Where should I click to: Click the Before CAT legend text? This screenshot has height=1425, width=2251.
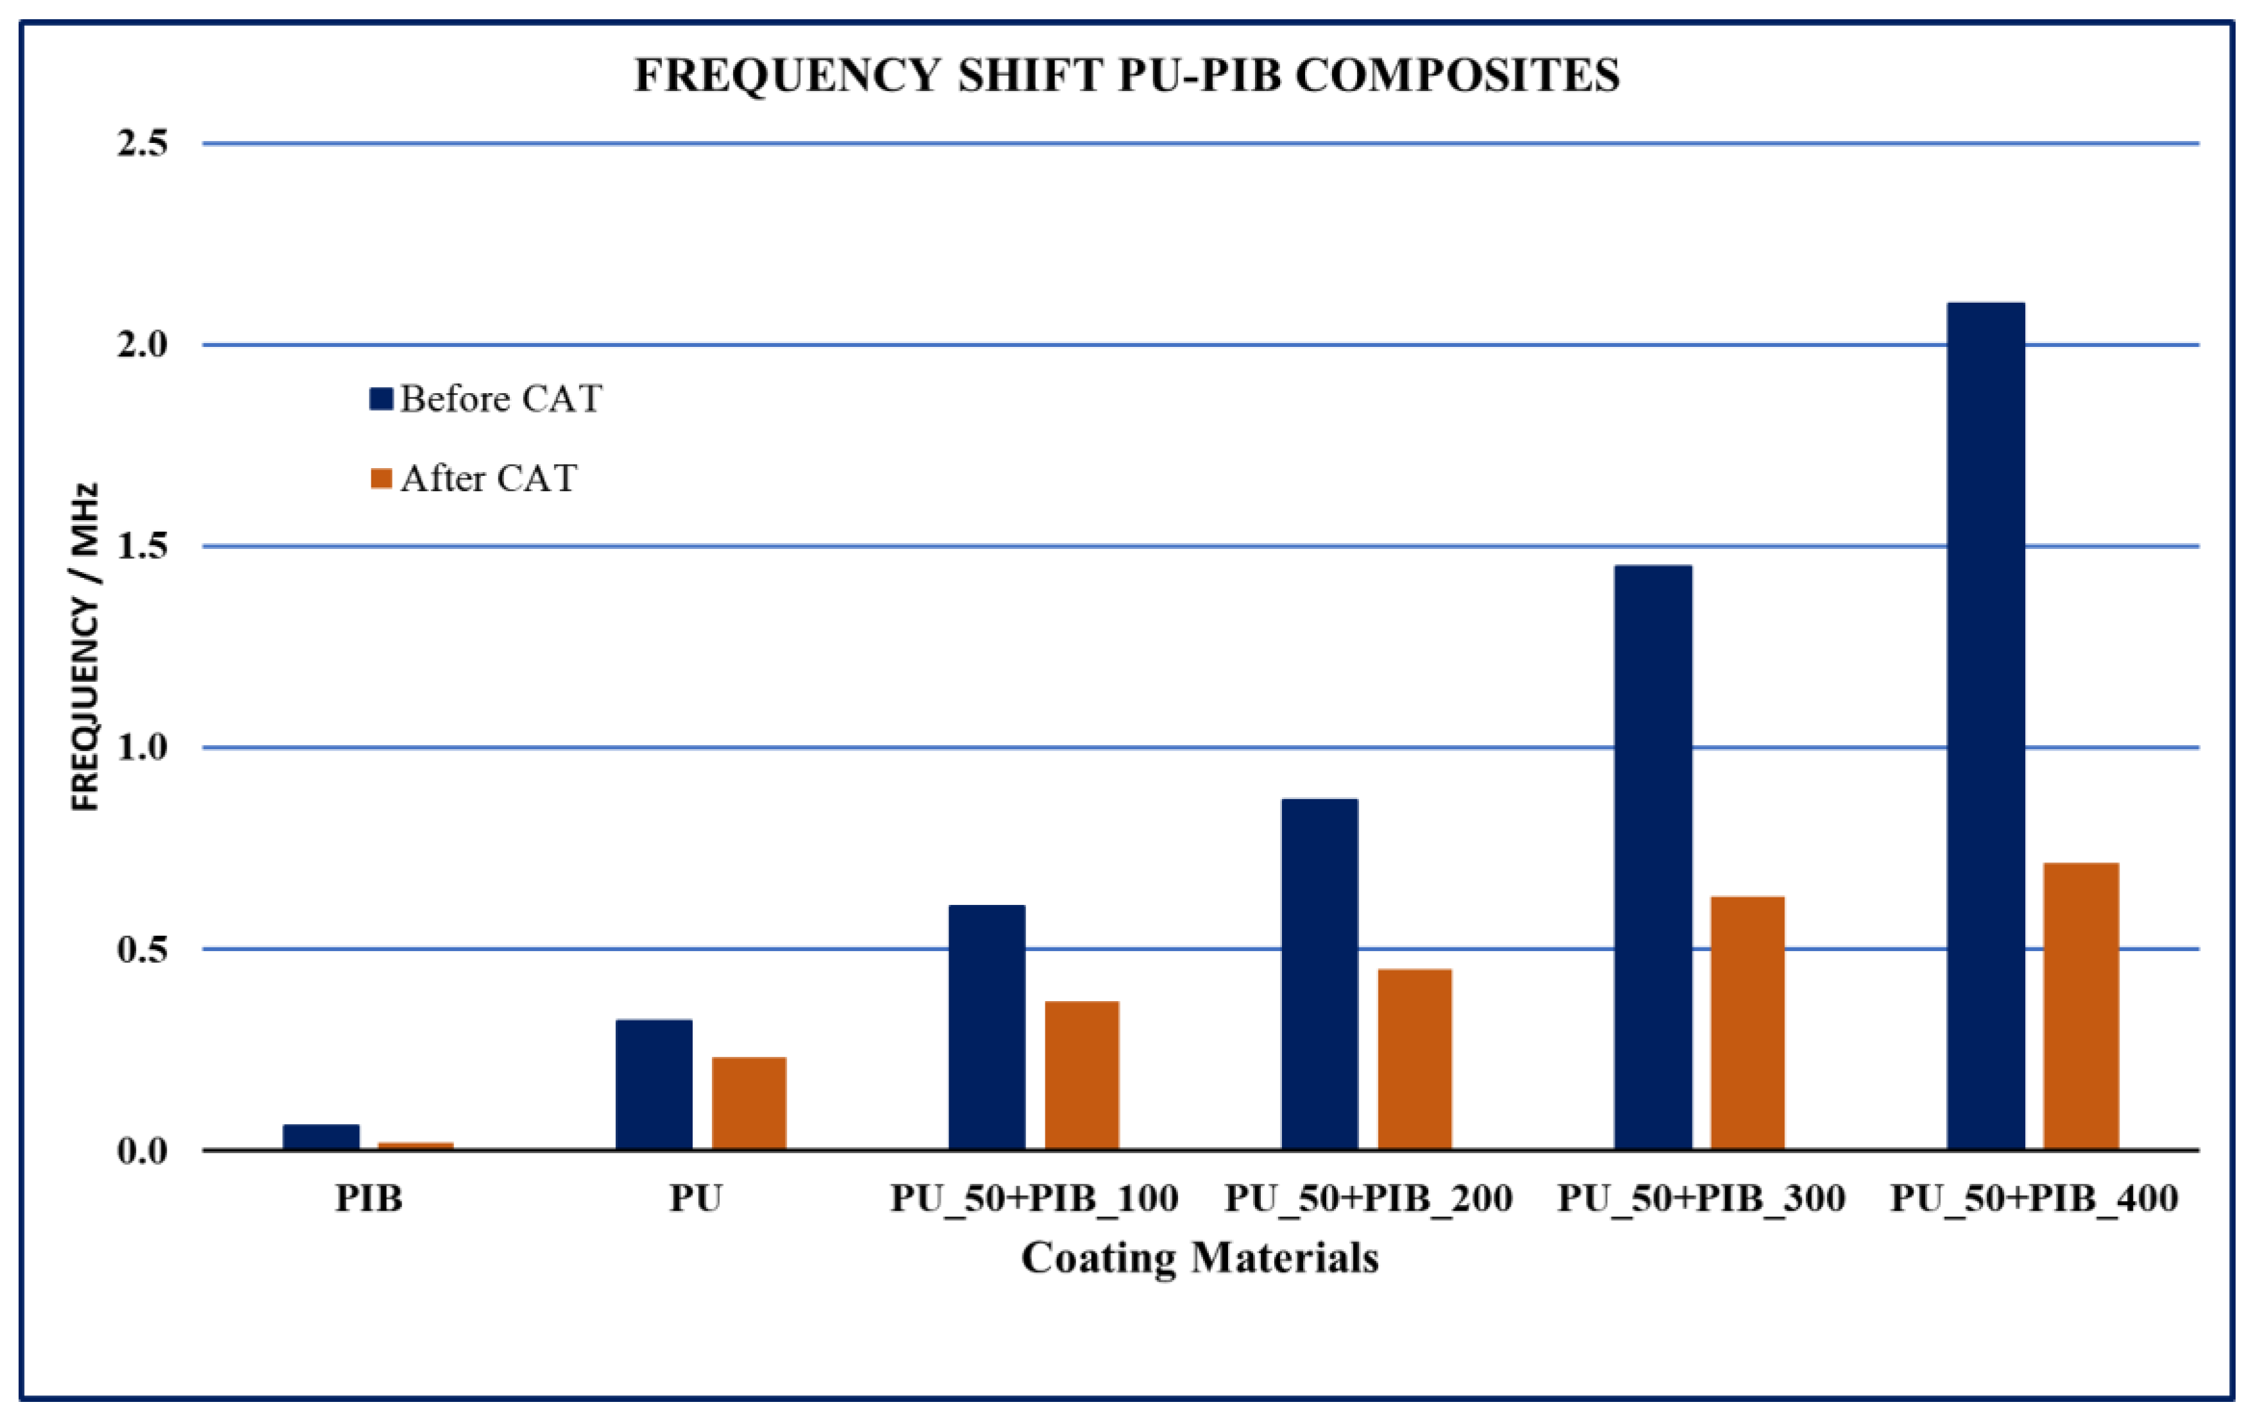(501, 400)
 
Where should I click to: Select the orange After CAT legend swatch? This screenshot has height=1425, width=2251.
(380, 478)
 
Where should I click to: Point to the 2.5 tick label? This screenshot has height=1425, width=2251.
(142, 143)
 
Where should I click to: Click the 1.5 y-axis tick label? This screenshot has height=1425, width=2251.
(142, 546)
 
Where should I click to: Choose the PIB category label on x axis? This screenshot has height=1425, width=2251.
(369, 1199)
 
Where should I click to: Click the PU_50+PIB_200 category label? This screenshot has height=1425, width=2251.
(1369, 1199)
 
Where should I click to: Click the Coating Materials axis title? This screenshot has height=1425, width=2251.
(1199, 1258)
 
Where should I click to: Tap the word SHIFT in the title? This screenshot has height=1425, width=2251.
(1030, 76)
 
